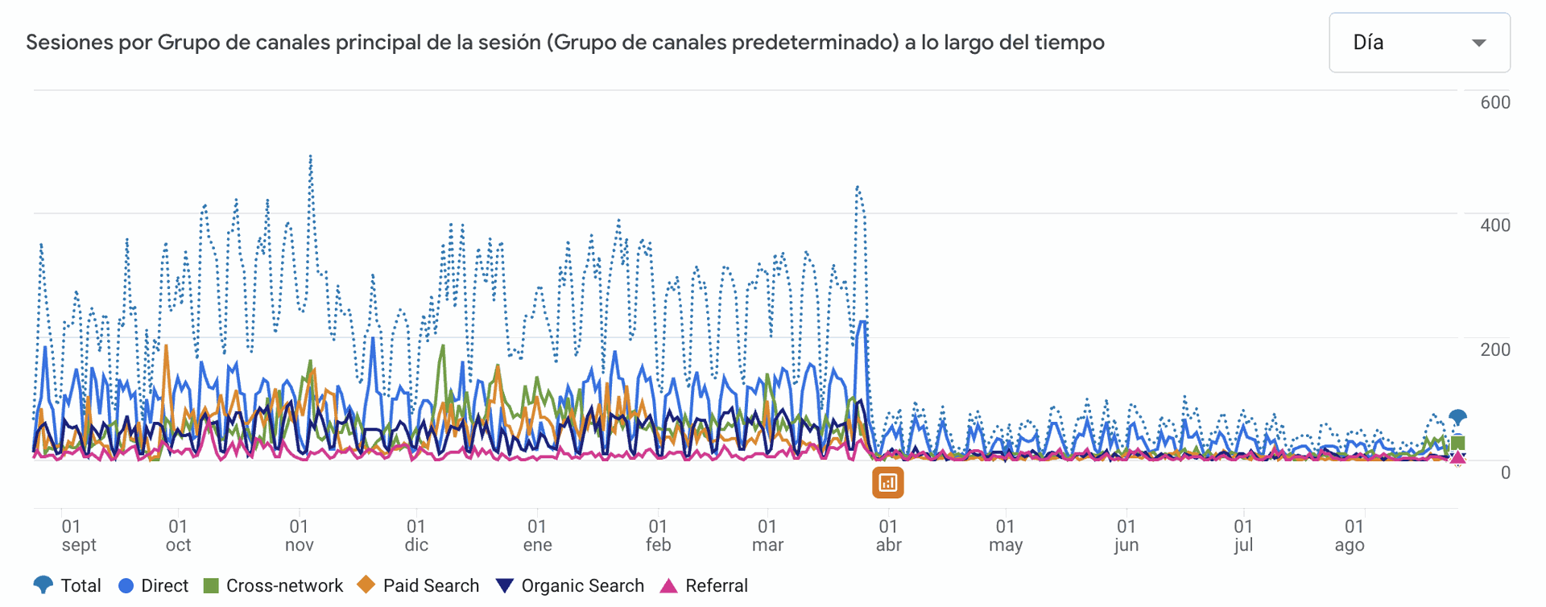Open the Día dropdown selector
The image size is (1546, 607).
[x=1419, y=43]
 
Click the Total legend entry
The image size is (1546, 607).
[x=68, y=585]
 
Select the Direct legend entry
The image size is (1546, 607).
[x=154, y=585]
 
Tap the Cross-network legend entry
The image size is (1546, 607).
[x=274, y=585]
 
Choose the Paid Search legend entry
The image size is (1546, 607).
[x=419, y=585]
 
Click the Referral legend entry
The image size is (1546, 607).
[x=705, y=585]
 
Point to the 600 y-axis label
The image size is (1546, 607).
[x=1495, y=102]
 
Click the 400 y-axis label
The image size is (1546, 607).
[x=1495, y=225]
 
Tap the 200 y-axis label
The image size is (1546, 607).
[x=1495, y=349]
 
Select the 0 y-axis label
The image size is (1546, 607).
[x=1505, y=473]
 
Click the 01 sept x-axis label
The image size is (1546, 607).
[x=78, y=535]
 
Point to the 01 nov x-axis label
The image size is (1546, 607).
[x=299, y=535]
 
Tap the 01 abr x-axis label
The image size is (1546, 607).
[x=888, y=535]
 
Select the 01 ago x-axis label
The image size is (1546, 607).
[x=1350, y=535]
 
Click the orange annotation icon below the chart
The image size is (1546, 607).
[x=887, y=482]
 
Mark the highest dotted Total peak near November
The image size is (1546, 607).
[x=311, y=157]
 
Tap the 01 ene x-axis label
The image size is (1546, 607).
[x=537, y=535]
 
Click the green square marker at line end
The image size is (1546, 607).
[x=1457, y=443]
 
